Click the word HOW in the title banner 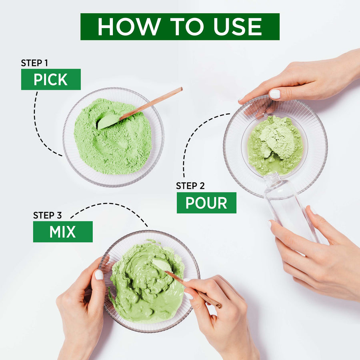(129, 27)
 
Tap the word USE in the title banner (237, 27)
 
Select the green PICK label (51, 79)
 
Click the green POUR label (206, 203)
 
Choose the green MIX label (63, 232)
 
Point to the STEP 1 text (34, 63)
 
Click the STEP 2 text (190, 186)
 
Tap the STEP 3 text (47, 215)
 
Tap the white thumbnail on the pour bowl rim (274, 94)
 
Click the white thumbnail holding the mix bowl (99, 274)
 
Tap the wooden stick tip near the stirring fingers (220, 306)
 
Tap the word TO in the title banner (187, 27)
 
